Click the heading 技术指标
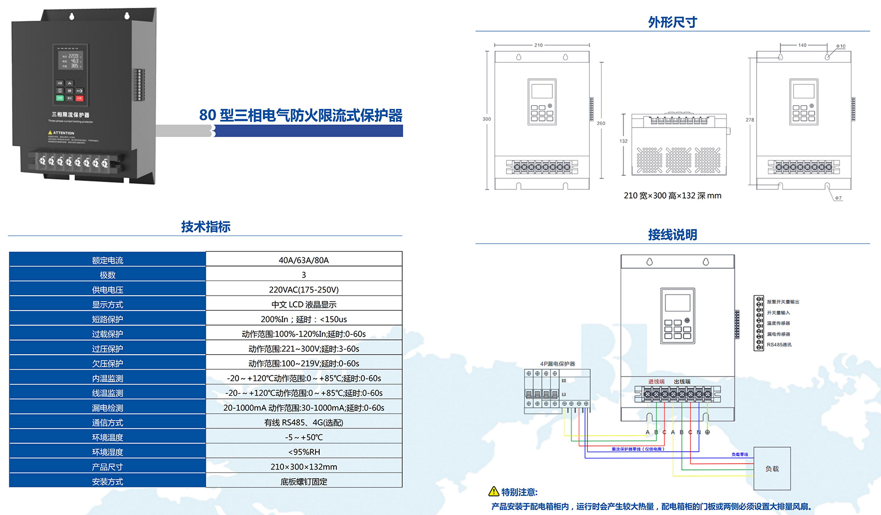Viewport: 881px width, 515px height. click(206, 227)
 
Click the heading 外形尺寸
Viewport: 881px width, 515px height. click(672, 22)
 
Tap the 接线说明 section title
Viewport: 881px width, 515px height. click(672, 235)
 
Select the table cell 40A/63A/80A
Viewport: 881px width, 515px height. click(304, 260)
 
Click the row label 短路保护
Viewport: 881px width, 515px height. click(108, 319)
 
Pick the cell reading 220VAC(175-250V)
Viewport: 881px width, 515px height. click(304, 289)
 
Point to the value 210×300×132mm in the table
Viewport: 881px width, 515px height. click(304, 467)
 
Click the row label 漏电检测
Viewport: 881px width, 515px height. click(108, 408)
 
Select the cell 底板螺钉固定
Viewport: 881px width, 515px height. click(304, 481)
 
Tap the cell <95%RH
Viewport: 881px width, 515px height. click(304, 452)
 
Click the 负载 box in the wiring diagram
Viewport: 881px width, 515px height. click(772, 469)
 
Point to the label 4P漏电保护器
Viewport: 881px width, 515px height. click(558, 364)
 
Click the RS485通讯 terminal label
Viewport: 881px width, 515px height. click(779, 345)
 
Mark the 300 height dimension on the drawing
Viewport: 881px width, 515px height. click(487, 119)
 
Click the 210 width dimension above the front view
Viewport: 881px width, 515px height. click(538, 45)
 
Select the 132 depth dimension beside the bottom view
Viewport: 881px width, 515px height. click(623, 141)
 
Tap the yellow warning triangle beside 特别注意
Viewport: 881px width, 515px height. click(494, 492)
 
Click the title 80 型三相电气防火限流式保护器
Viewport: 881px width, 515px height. click(301, 115)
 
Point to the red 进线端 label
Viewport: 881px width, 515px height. click(656, 382)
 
